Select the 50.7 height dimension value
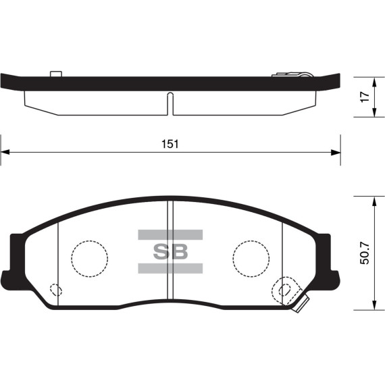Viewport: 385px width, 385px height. point(365,253)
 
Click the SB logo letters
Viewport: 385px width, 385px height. point(170,252)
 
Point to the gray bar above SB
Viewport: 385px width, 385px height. point(170,234)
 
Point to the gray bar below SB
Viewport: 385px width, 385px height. point(170,269)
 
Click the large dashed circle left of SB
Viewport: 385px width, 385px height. point(90,257)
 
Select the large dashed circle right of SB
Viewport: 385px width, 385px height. point(251,257)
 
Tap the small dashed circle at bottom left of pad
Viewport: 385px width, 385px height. point(57,290)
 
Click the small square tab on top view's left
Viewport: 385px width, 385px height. point(55,73)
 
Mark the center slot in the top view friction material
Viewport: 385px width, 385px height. point(170,103)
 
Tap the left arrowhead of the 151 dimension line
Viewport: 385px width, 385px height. point(5,153)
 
